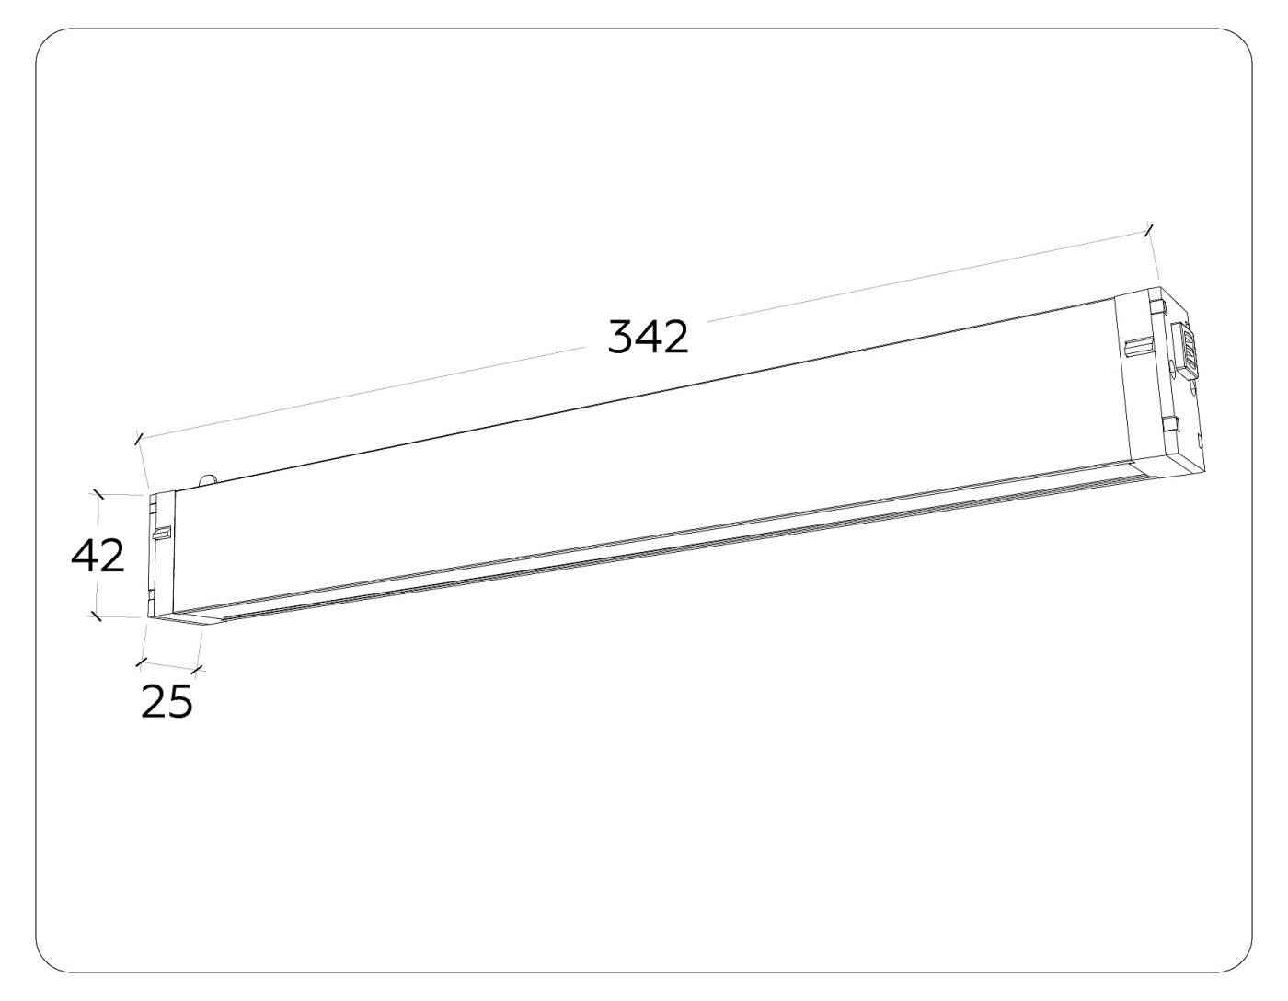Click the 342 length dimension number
(648, 338)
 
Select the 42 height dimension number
(98, 557)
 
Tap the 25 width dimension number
(167, 702)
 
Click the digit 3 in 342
(620, 338)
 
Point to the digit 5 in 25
(180, 702)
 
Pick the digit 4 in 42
(85, 557)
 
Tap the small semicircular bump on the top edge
(209, 477)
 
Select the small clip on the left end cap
(163, 533)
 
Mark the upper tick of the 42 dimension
(98, 495)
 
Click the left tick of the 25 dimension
(141, 662)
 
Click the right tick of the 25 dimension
(197, 669)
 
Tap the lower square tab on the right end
(1169, 424)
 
